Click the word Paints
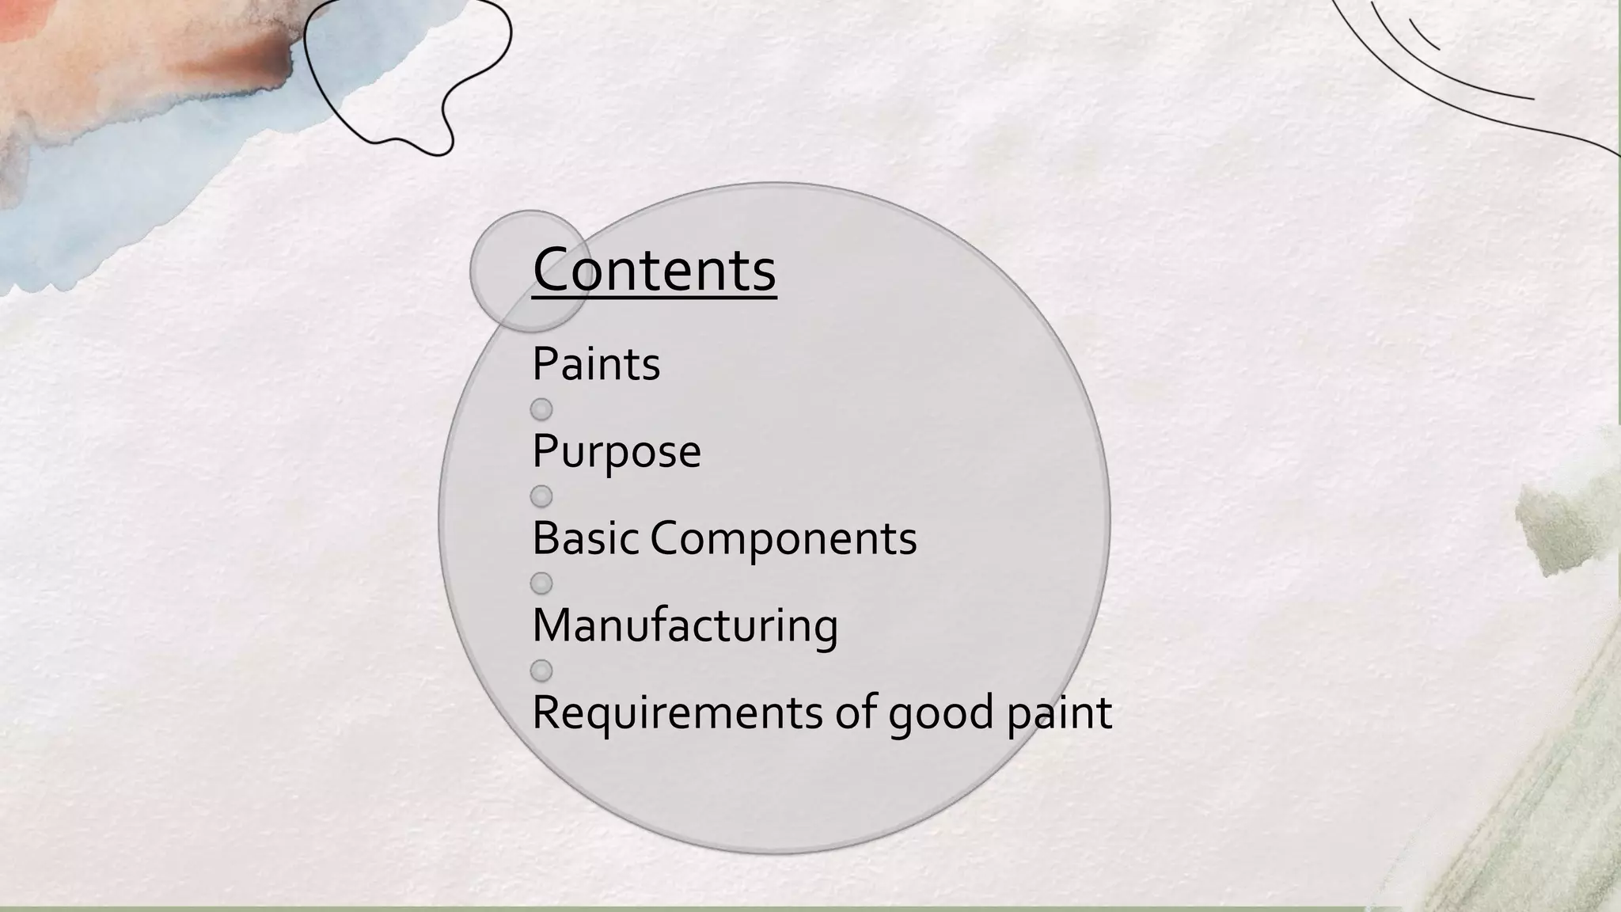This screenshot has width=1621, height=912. [x=596, y=364]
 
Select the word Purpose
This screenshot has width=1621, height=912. [x=617, y=451]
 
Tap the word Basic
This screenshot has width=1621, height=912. [x=585, y=538]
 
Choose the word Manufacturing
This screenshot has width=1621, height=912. [x=685, y=626]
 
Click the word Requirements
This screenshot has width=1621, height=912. [x=678, y=712]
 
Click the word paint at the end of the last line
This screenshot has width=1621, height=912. [x=1059, y=712]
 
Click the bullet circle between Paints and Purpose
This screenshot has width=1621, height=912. [x=541, y=409]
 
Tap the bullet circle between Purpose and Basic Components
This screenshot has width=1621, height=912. [x=541, y=496]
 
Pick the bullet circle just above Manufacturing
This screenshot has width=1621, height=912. [x=541, y=583]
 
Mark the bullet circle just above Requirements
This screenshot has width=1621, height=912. [x=541, y=671]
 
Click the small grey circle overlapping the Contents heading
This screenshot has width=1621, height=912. [x=507, y=237]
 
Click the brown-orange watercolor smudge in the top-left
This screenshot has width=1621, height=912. [x=237, y=59]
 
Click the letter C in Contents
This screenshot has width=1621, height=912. [x=553, y=270]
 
